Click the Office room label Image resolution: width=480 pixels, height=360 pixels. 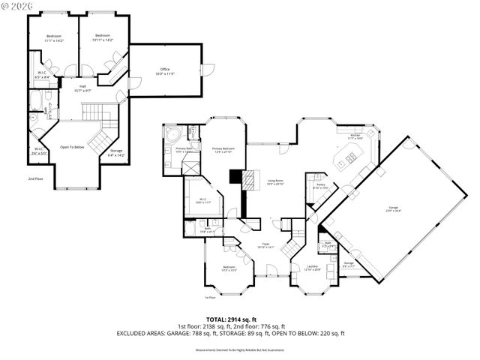click(164, 71)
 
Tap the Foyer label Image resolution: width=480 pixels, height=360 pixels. click(266, 245)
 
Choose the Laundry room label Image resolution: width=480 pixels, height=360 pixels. click(313, 267)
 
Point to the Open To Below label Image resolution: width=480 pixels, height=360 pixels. click(72, 147)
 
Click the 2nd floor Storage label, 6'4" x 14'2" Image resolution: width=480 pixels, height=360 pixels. click(115, 153)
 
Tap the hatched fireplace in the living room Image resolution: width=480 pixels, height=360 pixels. click(235, 178)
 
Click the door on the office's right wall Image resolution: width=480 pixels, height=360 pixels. click(206, 70)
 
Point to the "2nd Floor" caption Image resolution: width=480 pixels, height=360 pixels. click(35, 179)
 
